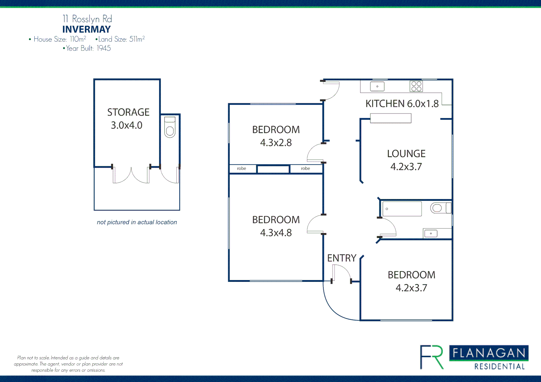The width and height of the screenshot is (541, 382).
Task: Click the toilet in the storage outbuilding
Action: click(170, 127)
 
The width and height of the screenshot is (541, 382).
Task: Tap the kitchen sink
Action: click(377, 86)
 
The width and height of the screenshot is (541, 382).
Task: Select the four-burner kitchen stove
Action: click(416, 86)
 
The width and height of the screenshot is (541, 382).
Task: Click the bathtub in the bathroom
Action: click(402, 209)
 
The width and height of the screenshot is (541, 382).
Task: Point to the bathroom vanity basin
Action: click(431, 233)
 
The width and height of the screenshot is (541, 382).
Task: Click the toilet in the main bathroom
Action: click(440, 208)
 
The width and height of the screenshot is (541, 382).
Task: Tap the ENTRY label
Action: click(342, 258)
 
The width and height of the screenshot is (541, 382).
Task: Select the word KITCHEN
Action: click(385, 104)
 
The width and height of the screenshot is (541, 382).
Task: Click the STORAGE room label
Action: click(128, 112)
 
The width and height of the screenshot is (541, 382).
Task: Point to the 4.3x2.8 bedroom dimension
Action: click(276, 143)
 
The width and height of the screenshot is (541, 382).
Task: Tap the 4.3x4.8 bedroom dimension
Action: click(276, 233)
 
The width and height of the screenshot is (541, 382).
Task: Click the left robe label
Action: click(241, 168)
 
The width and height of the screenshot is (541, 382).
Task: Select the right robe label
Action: click(305, 168)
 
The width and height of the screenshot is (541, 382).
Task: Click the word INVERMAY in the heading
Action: click(86, 29)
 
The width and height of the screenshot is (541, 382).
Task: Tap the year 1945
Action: click(104, 48)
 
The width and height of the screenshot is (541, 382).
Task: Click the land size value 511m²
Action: click(137, 39)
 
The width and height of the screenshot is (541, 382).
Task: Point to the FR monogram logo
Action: click(432, 357)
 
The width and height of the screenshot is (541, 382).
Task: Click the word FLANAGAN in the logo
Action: click(489, 353)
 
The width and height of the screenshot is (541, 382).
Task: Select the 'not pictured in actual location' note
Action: click(137, 222)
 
